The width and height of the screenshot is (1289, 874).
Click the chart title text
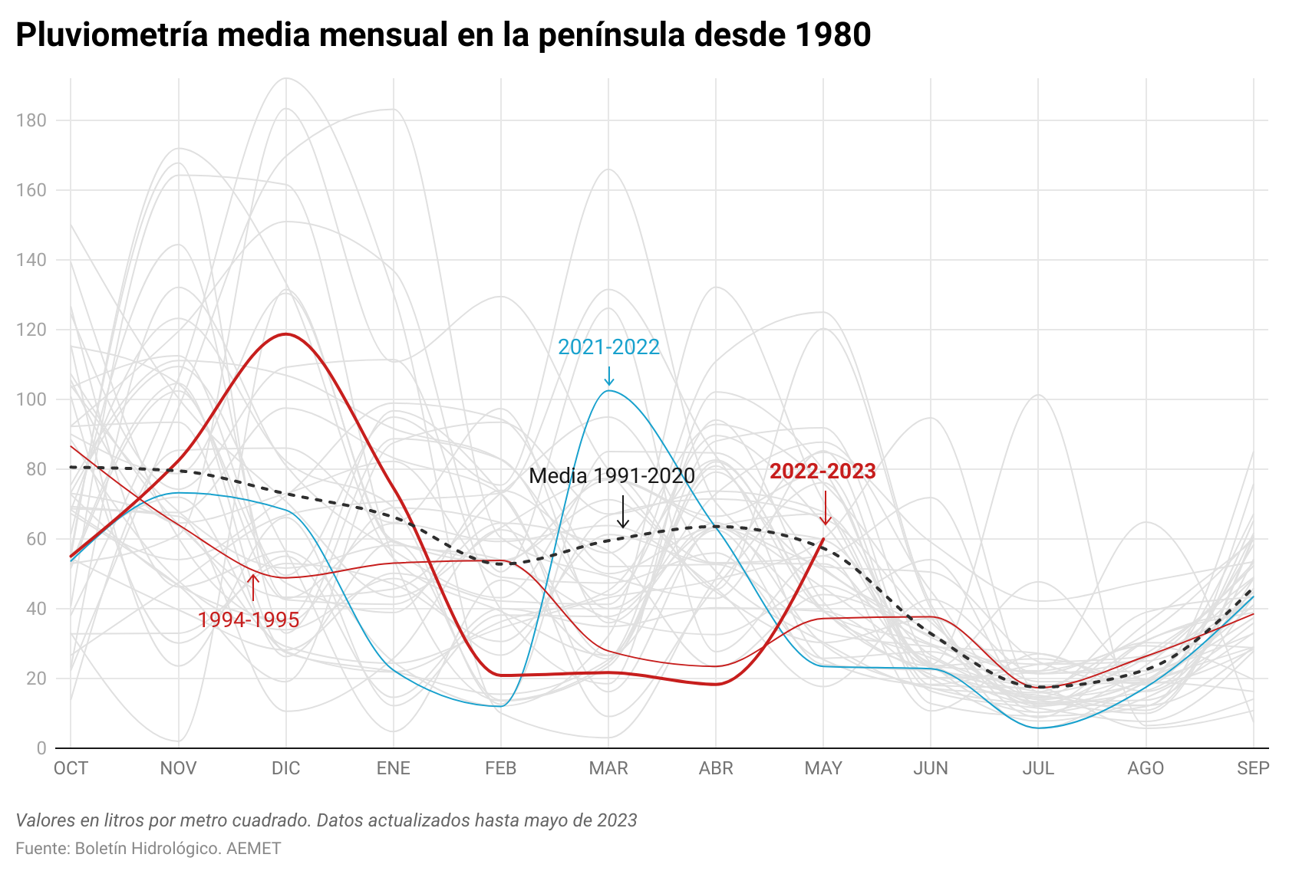pyautogui.click(x=443, y=35)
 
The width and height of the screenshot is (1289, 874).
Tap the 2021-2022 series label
pyautogui.click(x=608, y=347)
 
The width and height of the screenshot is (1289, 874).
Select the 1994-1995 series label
pyautogui.click(x=248, y=619)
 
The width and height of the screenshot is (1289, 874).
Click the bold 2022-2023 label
pyautogui.click(x=823, y=472)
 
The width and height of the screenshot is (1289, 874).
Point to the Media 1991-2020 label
pyautogui.click(x=612, y=476)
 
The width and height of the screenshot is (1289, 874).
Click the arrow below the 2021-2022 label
pyautogui.click(x=608, y=376)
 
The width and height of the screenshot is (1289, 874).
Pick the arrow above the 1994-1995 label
pyautogui.click(x=252, y=587)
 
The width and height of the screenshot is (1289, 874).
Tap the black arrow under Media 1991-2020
pyautogui.click(x=623, y=511)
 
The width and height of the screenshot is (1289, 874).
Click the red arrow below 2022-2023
pyautogui.click(x=826, y=508)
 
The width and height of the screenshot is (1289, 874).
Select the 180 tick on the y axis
pyautogui.click(x=31, y=120)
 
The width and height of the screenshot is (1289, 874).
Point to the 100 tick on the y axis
pyautogui.click(x=31, y=399)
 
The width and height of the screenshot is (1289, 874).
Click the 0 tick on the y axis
pyautogui.click(x=41, y=748)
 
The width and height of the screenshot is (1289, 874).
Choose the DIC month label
pyautogui.click(x=285, y=768)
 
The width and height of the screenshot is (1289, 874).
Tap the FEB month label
pyautogui.click(x=500, y=768)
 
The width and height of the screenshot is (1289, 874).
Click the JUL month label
pyautogui.click(x=1037, y=768)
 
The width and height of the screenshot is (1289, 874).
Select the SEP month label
pyautogui.click(x=1252, y=768)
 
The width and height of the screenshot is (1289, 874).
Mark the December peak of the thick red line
pyautogui.click(x=286, y=334)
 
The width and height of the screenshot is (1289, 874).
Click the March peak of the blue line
pyautogui.click(x=609, y=391)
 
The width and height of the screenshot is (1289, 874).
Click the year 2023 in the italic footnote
pyautogui.click(x=618, y=820)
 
